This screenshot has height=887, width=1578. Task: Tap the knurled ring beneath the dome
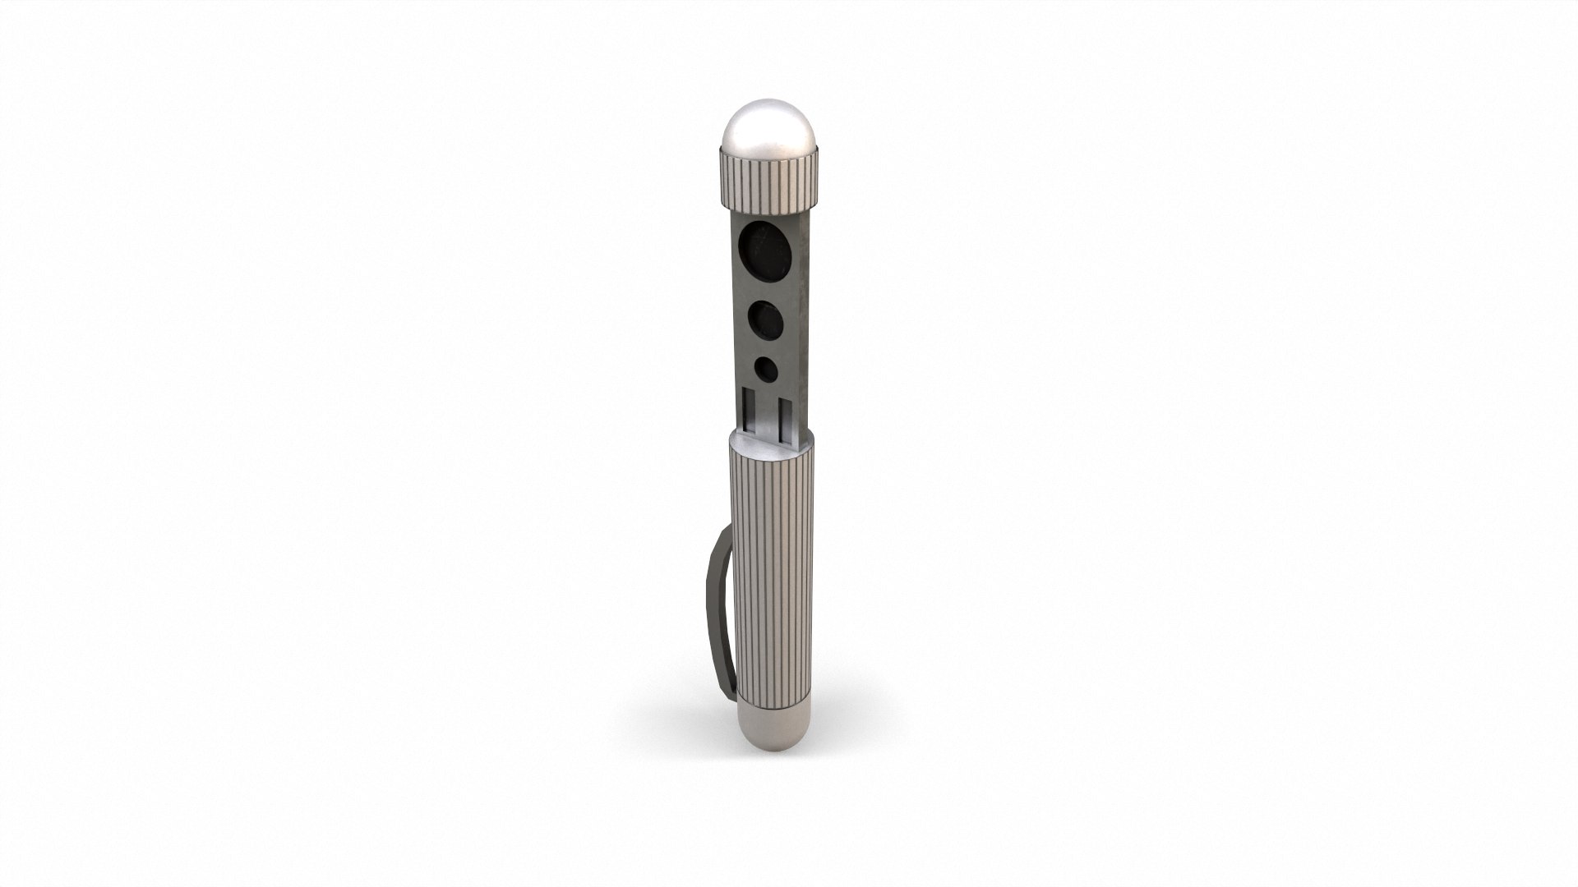click(770, 179)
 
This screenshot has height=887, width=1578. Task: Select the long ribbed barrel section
click(771, 575)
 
